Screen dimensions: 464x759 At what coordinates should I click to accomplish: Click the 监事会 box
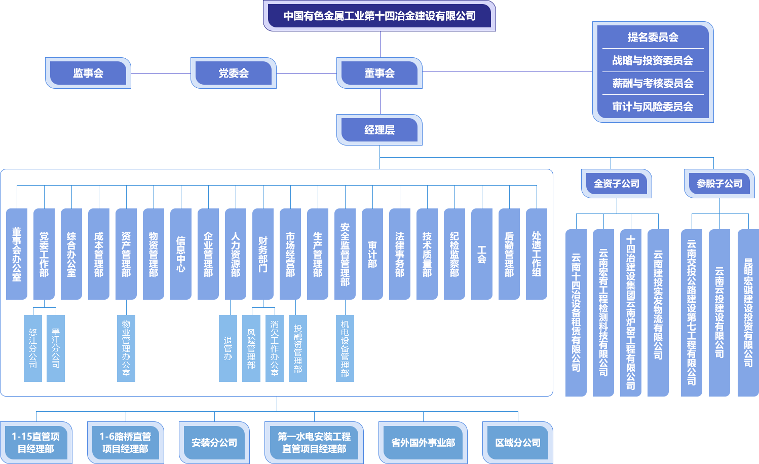pyautogui.click(x=88, y=73)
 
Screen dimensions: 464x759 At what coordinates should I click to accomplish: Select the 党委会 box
pyautogui.click(x=234, y=73)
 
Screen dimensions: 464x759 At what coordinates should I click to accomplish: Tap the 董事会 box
pyautogui.click(x=379, y=73)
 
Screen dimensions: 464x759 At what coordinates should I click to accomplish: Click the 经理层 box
pyautogui.click(x=379, y=130)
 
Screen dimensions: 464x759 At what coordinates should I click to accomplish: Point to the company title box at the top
pyautogui.click(x=379, y=16)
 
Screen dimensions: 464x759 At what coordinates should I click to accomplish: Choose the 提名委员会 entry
pyautogui.click(x=653, y=37)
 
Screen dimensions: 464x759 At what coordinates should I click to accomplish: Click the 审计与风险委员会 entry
pyautogui.click(x=653, y=106)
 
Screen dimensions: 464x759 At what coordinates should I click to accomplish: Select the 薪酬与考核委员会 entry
pyautogui.click(x=653, y=83)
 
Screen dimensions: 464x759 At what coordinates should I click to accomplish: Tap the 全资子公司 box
pyautogui.click(x=617, y=184)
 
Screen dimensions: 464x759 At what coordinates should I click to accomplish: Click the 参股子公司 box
pyautogui.click(x=719, y=184)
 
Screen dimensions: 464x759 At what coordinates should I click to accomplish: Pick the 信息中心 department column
pyautogui.click(x=181, y=254)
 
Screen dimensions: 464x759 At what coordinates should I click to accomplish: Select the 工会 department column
pyautogui.click(x=482, y=254)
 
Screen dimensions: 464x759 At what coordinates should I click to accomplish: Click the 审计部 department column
pyautogui.click(x=372, y=254)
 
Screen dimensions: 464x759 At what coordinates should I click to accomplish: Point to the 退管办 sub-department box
pyautogui.click(x=228, y=348)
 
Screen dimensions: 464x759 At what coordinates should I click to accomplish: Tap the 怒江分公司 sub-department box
pyautogui.click(x=33, y=348)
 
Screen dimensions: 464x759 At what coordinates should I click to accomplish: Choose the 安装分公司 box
pyautogui.click(x=214, y=443)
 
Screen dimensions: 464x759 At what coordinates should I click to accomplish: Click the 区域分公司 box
pyautogui.click(x=518, y=443)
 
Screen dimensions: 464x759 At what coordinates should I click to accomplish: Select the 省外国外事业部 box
pyautogui.click(x=423, y=443)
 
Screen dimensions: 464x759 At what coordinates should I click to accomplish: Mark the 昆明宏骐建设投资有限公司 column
pyautogui.click(x=748, y=312)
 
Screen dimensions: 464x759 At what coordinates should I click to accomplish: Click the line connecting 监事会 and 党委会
pyautogui.click(x=161, y=73)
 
